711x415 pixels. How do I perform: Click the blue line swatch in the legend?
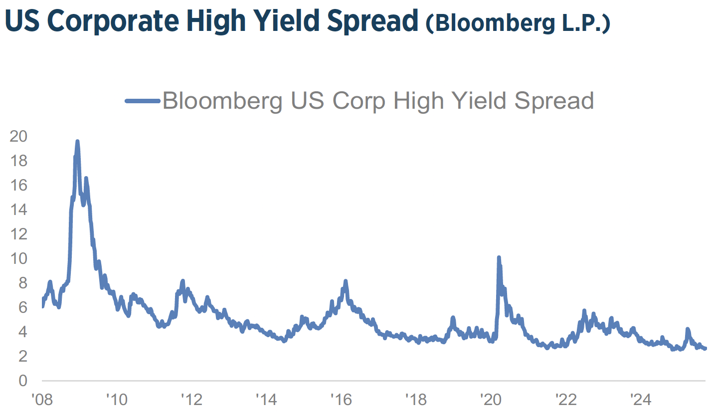(143, 101)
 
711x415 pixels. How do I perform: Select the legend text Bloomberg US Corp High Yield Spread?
(378, 101)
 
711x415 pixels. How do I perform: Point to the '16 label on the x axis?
(340, 400)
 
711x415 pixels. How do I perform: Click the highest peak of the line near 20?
(77, 142)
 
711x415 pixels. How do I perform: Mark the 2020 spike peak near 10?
(499, 258)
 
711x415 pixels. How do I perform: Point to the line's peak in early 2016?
(346, 281)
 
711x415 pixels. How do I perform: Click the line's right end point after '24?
(705, 349)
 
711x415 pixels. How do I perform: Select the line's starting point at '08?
(42, 306)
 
